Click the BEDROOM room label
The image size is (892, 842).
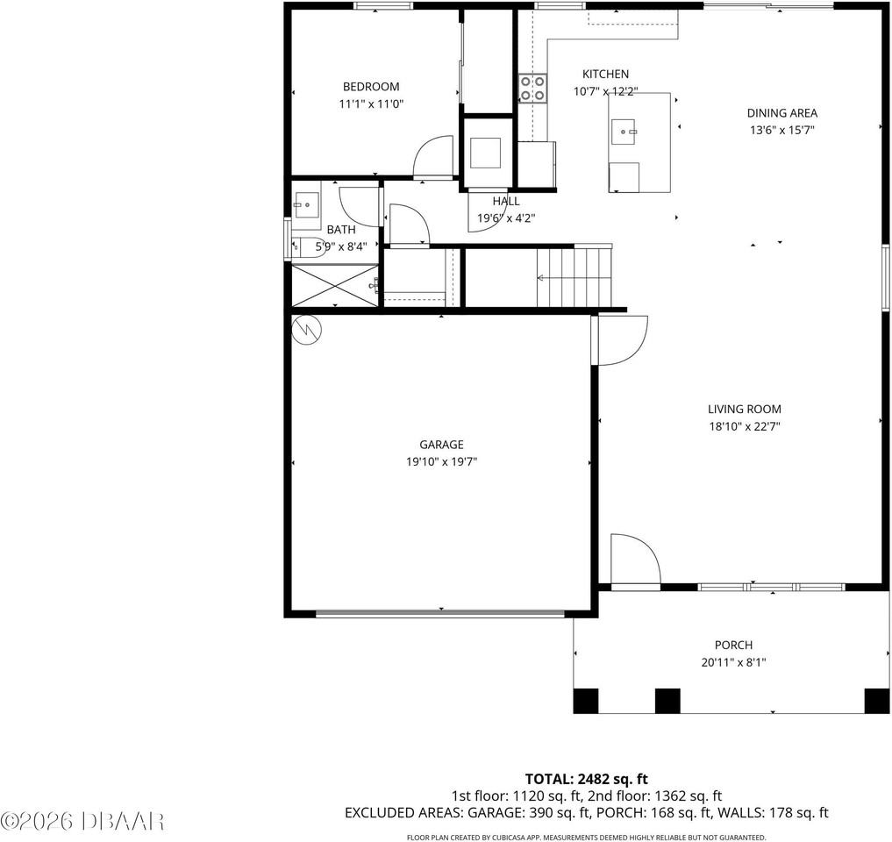370,87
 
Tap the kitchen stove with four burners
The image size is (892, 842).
532,89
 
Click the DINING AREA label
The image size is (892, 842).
781,112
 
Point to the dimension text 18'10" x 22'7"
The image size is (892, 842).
744,426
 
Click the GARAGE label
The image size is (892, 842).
441,445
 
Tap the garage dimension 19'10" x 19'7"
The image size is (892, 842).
441,461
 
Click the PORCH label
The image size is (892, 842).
733,645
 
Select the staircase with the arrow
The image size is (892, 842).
574,277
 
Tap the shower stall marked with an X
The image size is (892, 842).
334,284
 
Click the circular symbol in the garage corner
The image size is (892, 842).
309,329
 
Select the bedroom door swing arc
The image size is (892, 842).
432,157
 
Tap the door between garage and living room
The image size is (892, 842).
621,339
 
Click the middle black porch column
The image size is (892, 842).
667,701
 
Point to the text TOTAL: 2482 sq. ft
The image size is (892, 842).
586,778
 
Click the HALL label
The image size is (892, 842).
505,201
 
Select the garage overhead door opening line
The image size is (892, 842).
440,614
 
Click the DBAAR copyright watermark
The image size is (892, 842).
82,821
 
